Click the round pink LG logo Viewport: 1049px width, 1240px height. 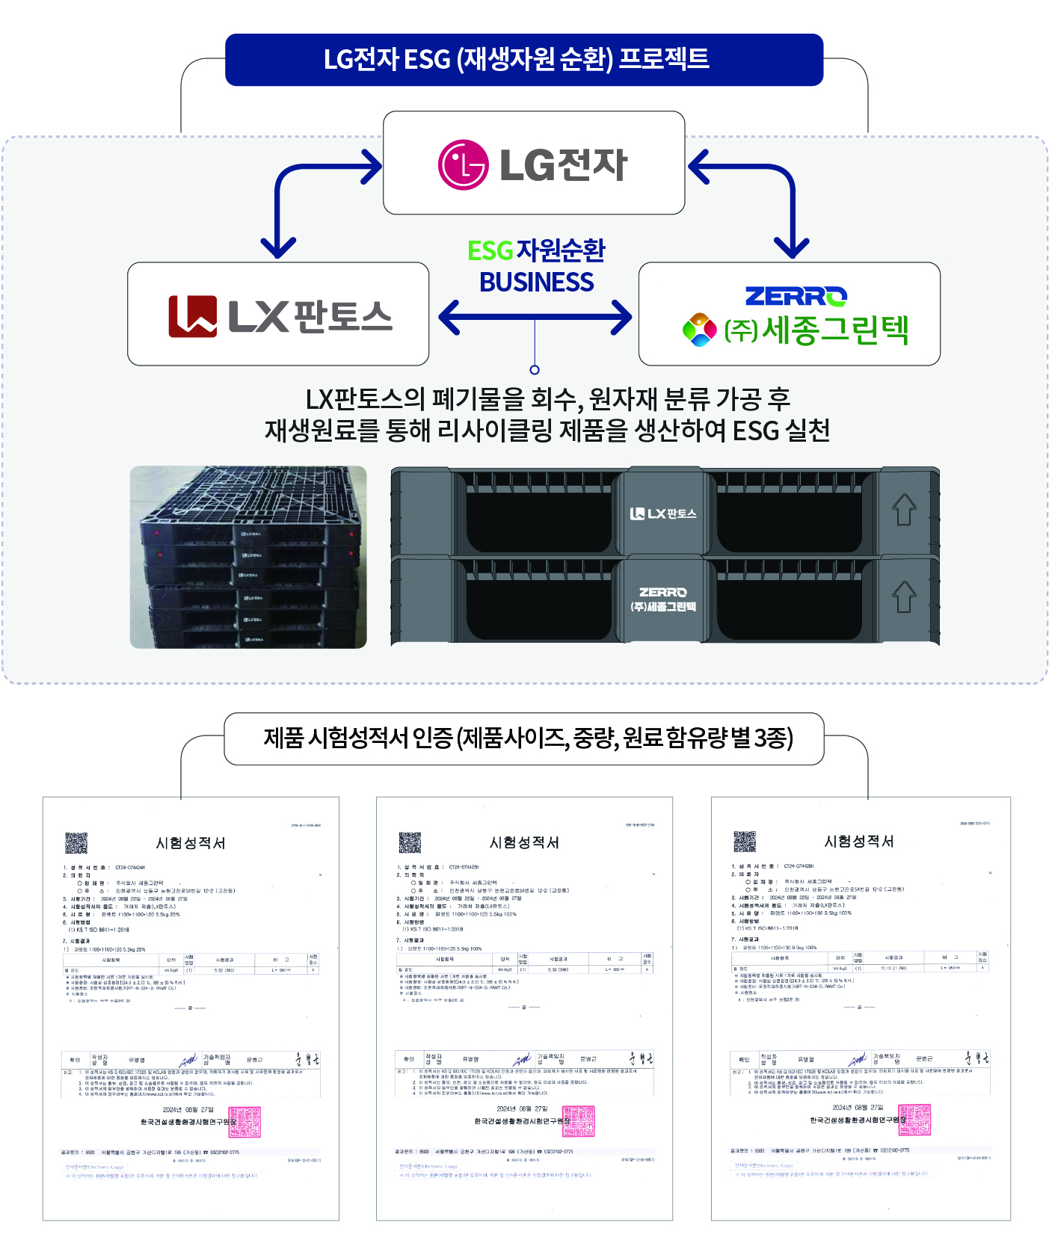pyautogui.click(x=463, y=164)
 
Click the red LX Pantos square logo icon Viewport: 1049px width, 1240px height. pyautogui.click(x=192, y=316)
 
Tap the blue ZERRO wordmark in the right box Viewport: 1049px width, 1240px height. pyautogui.click(x=796, y=297)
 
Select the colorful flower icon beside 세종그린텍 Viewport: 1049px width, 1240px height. pyautogui.click(x=700, y=330)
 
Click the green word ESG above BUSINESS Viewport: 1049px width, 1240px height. pyautogui.click(x=490, y=251)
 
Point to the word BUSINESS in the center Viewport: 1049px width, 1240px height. pyautogui.click(x=536, y=283)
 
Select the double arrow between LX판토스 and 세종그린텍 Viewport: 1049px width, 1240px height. pyautogui.click(x=535, y=317)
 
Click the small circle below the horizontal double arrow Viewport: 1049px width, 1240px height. pyautogui.click(x=535, y=369)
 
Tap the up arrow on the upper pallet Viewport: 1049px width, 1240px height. pyautogui.click(x=904, y=510)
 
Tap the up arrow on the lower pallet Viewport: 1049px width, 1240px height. pyautogui.click(x=904, y=596)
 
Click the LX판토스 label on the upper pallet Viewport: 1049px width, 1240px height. pyautogui.click(x=663, y=513)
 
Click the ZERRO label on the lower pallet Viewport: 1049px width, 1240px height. pyautogui.click(x=663, y=592)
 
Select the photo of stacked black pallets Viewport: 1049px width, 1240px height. pyautogui.click(x=248, y=557)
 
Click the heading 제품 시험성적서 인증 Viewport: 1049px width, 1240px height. pyautogui.click(x=527, y=738)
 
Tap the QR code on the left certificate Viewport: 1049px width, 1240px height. pyautogui.click(x=76, y=843)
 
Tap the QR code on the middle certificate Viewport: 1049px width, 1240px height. pyautogui.click(x=410, y=842)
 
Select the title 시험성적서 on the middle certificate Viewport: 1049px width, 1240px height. pyautogui.click(x=524, y=842)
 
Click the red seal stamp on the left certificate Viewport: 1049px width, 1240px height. pyautogui.click(x=244, y=1122)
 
